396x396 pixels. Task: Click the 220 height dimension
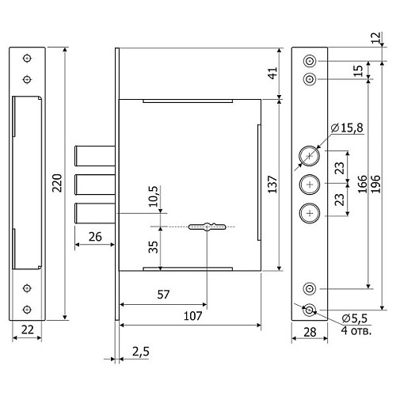pos(57,183)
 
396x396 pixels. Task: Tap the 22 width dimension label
pos(28,329)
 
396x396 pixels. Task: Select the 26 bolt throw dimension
pos(95,237)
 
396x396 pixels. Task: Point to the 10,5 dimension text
pos(153,196)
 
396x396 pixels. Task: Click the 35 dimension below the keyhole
pos(153,247)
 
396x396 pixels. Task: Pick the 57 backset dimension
pos(163,295)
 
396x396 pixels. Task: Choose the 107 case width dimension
pos(192,316)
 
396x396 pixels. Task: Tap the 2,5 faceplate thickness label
pos(141,352)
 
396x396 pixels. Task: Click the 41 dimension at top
pos(273,73)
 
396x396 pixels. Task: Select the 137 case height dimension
pos(273,185)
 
